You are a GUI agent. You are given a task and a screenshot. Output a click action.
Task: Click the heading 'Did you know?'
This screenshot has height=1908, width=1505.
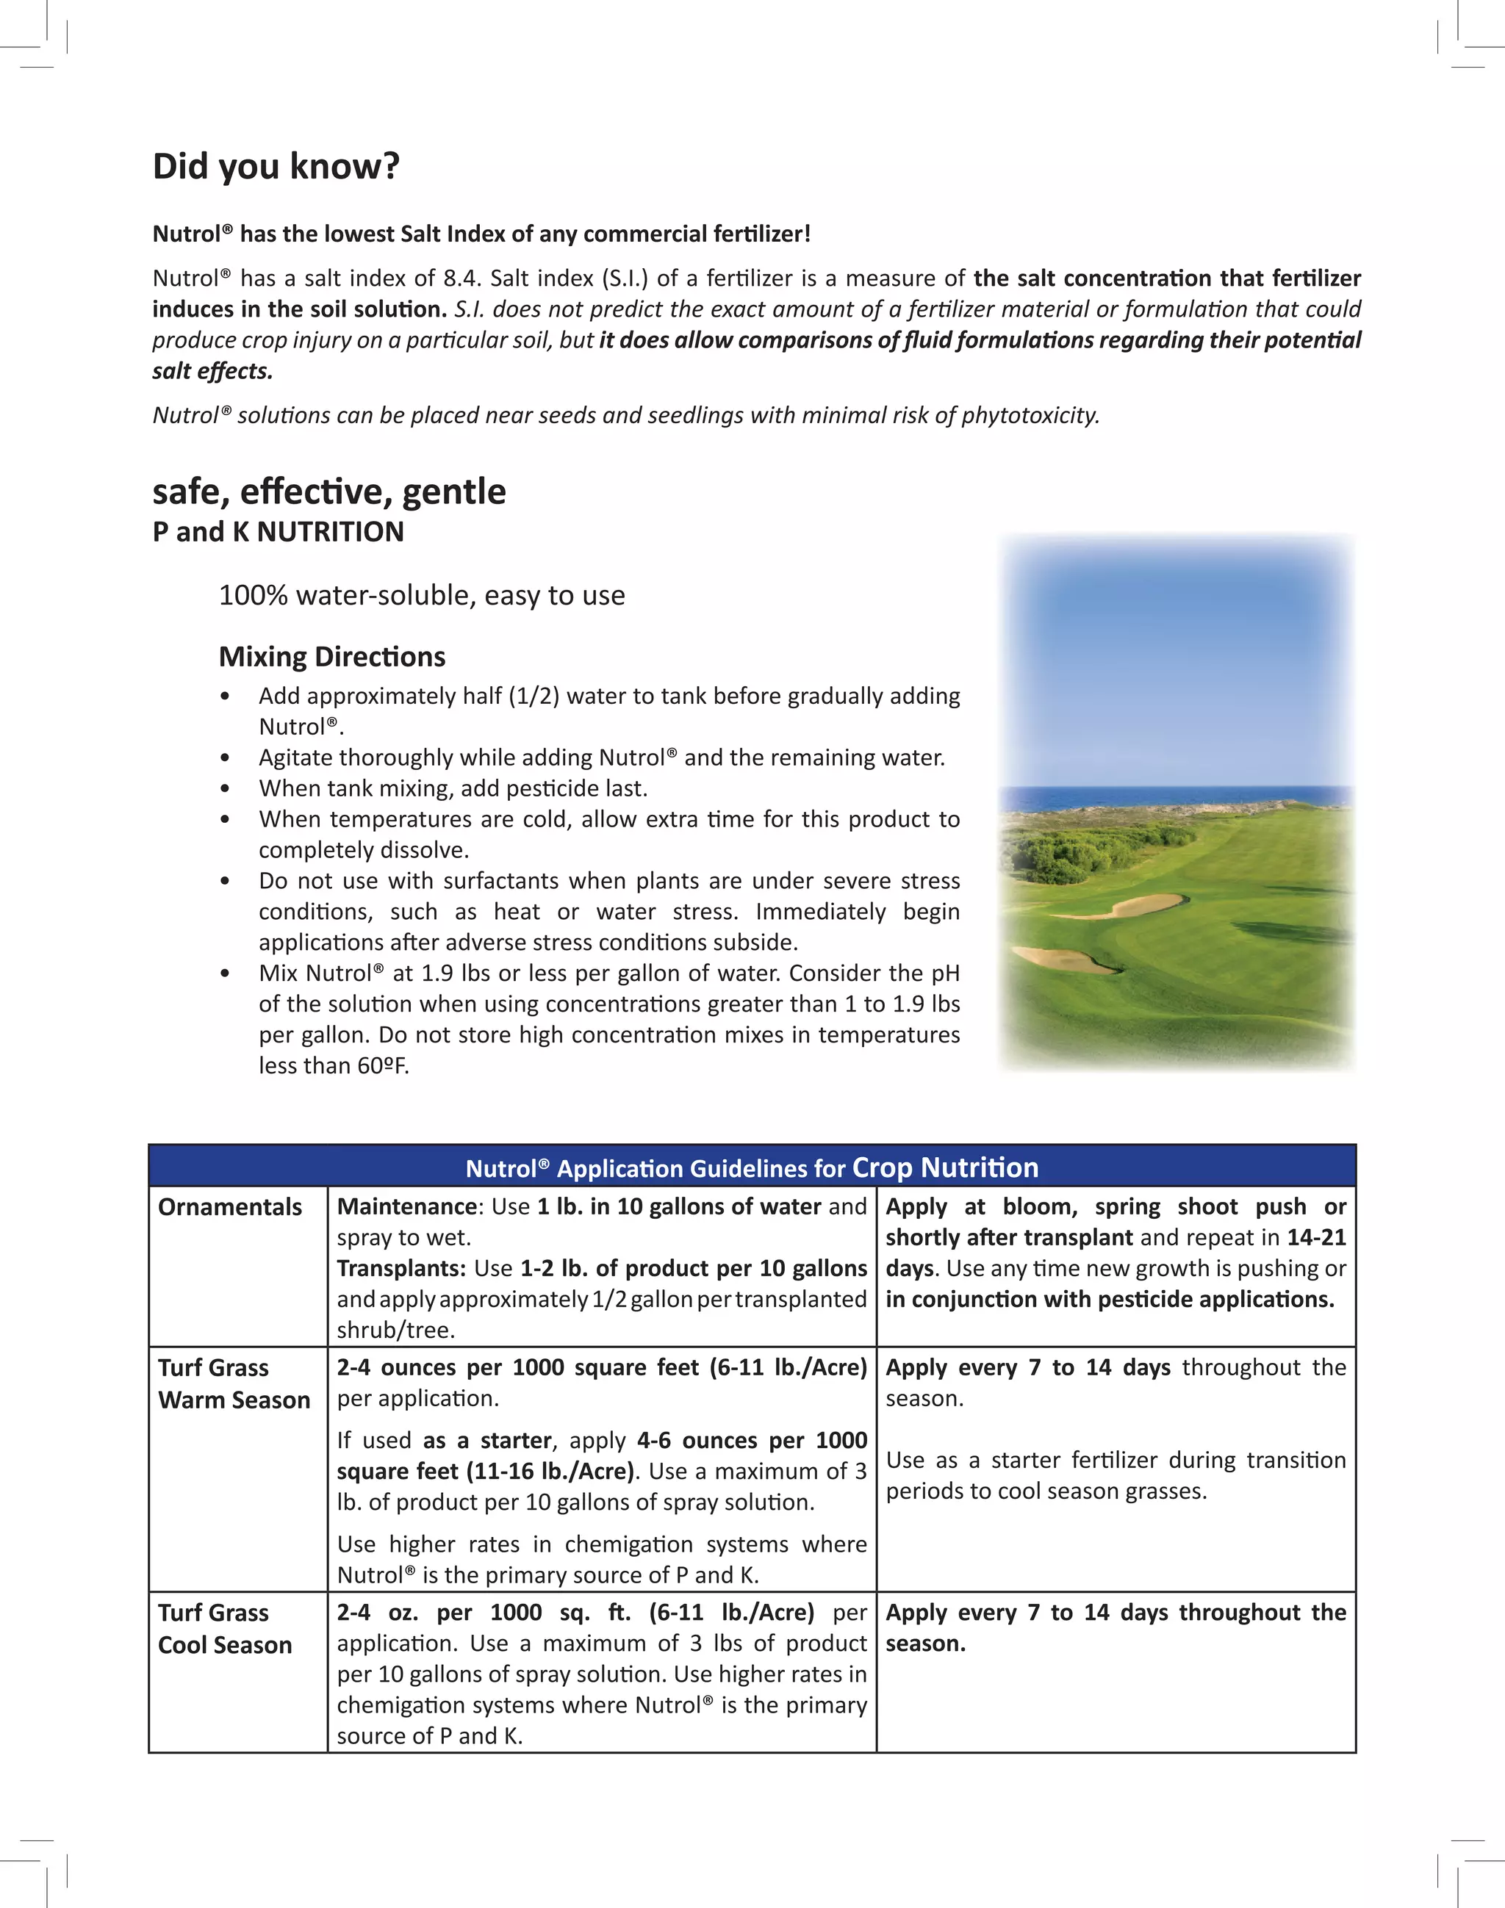[x=276, y=167]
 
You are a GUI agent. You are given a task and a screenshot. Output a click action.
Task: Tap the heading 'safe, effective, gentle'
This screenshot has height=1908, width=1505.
[x=328, y=492]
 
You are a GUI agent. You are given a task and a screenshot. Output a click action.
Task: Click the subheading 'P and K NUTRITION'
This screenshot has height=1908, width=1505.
[x=278, y=532]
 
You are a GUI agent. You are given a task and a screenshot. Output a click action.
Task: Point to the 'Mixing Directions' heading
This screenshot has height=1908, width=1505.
[x=331, y=656]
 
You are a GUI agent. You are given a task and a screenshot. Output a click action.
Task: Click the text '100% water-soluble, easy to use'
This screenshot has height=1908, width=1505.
[x=421, y=596]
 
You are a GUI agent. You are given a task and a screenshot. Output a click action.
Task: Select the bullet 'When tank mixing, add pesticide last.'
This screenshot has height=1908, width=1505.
[x=453, y=788]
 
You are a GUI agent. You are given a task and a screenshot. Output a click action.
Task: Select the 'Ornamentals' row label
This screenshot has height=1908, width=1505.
[x=229, y=1207]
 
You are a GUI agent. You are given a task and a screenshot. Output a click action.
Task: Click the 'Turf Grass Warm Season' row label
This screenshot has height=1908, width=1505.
[x=234, y=1384]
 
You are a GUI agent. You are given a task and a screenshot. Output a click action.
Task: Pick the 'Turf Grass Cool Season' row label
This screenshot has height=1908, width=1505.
[x=225, y=1629]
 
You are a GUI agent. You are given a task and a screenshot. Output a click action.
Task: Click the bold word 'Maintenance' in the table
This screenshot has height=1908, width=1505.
[x=406, y=1207]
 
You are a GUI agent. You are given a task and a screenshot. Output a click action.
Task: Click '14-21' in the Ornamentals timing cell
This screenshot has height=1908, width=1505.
[x=1315, y=1238]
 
